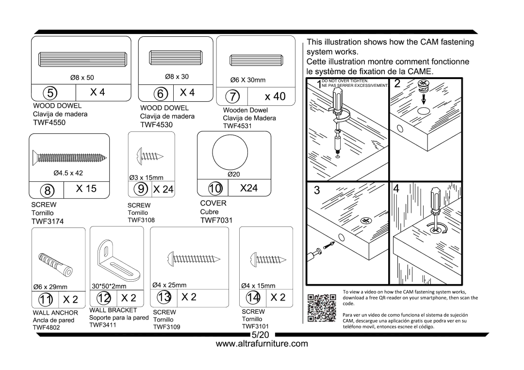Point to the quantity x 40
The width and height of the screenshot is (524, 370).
[x=275, y=96]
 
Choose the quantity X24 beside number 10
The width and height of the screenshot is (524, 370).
[x=249, y=188]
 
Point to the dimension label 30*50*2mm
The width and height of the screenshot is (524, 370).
[x=109, y=286]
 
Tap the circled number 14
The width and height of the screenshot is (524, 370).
[x=253, y=297]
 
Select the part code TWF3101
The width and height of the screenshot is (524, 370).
[x=255, y=327]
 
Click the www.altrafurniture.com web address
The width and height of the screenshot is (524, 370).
[x=262, y=344]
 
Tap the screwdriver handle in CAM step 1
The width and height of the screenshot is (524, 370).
[x=336, y=102]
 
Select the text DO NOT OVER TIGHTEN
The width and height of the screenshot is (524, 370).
[x=345, y=80]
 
